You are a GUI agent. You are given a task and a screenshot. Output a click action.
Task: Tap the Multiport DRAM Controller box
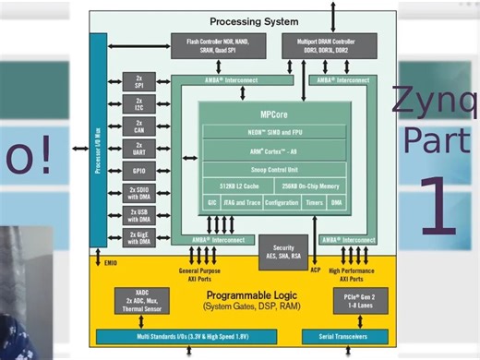click(x=330, y=45)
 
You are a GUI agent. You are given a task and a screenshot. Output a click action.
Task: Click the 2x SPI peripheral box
click(x=139, y=81)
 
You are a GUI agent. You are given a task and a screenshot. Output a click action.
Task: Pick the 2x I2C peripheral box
click(x=139, y=103)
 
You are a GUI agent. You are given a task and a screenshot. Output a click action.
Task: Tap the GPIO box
click(x=139, y=171)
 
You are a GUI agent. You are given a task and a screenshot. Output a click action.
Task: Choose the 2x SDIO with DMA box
click(x=139, y=194)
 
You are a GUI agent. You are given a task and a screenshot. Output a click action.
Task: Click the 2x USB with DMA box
click(x=139, y=216)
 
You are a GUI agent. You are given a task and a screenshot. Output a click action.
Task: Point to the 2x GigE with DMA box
click(x=139, y=238)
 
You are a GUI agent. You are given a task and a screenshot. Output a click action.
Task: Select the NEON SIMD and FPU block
click(x=273, y=134)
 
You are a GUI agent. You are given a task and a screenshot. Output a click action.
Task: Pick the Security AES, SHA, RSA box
click(x=282, y=252)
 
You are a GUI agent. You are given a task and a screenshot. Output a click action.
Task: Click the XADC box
click(x=142, y=301)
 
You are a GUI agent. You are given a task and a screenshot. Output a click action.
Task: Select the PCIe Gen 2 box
click(x=354, y=301)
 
